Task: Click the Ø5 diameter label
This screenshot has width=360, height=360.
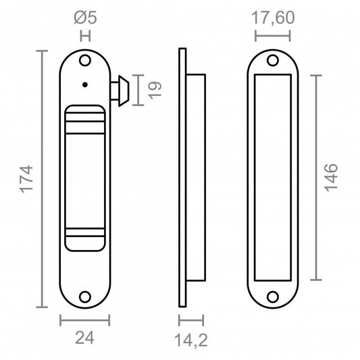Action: click(85, 18)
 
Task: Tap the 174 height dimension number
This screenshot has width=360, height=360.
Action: click(26, 179)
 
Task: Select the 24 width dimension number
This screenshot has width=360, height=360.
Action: click(84, 338)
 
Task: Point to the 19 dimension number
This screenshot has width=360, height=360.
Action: click(155, 90)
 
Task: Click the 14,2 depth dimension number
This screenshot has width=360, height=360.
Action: click(191, 340)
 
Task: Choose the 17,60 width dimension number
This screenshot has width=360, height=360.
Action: click(273, 18)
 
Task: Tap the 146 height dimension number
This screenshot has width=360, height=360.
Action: click(331, 178)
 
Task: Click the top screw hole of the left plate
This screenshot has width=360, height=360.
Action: click(85, 61)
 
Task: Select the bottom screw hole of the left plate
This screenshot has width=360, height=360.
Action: click(85, 297)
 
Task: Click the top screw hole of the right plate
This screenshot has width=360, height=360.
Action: click(273, 61)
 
